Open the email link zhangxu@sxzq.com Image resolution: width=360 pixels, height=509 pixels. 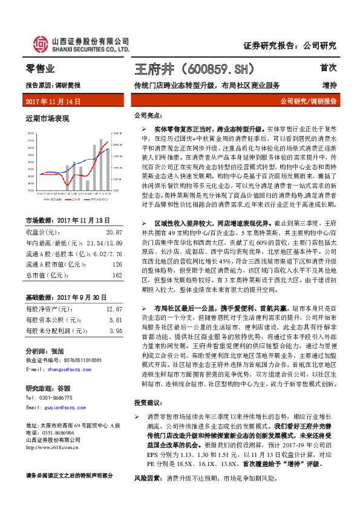[64, 368]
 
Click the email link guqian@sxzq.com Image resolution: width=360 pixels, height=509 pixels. [62, 408]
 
